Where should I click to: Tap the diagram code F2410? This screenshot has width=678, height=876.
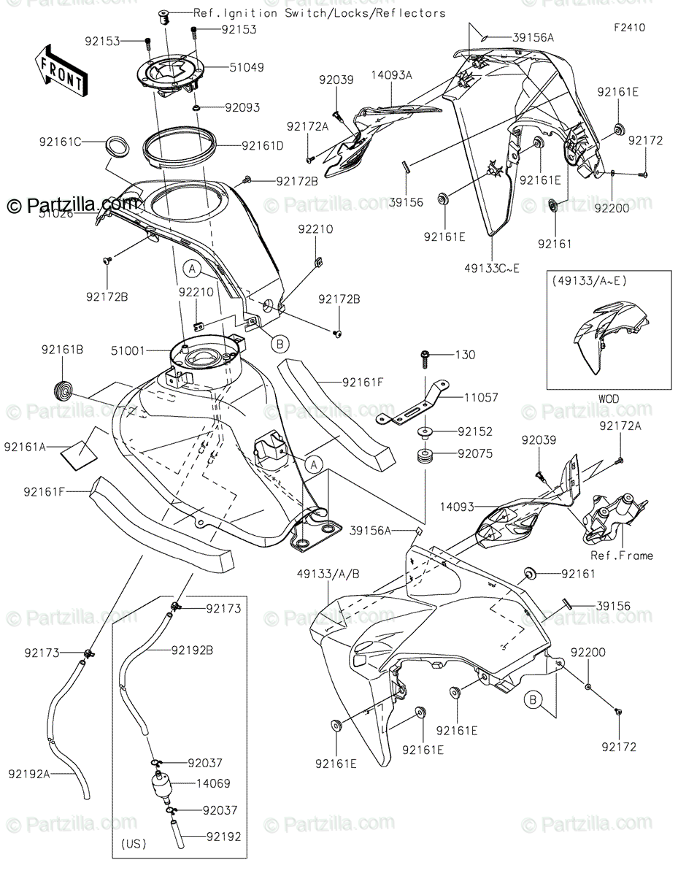pyautogui.click(x=629, y=30)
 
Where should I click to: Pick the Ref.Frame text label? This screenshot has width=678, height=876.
pyautogui.click(x=621, y=556)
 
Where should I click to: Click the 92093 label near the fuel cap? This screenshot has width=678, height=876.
pyautogui.click(x=242, y=107)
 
